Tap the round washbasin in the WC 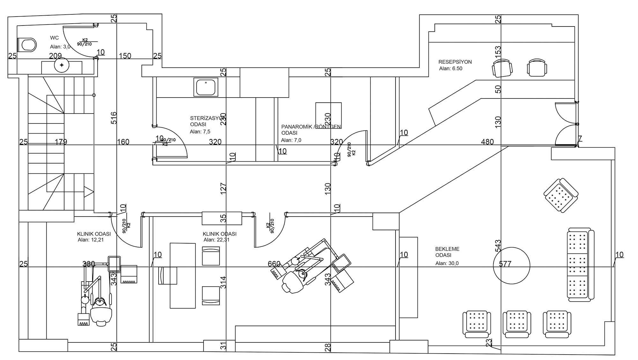(62, 65)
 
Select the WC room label (55, 38)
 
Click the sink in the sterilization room (206, 87)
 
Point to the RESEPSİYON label (455, 62)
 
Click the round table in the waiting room (511, 265)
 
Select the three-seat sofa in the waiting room (580, 265)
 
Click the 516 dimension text (114, 118)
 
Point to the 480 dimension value (487, 142)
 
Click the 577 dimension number (505, 264)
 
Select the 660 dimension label (274, 264)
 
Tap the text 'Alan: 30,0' (447, 263)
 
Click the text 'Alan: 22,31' (216, 240)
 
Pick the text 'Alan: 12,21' (91, 240)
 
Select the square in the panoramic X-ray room (329, 115)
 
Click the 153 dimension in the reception (498, 50)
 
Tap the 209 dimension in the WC (55, 56)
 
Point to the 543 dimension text (498, 246)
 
